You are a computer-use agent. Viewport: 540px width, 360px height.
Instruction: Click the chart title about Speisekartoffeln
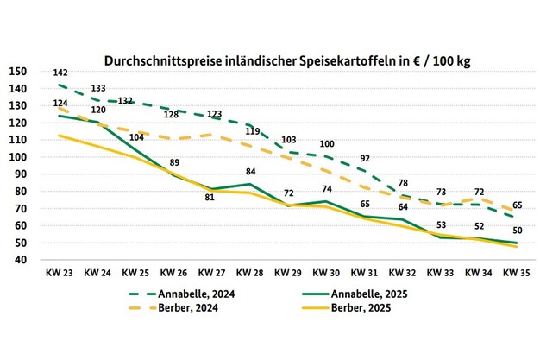[292, 61]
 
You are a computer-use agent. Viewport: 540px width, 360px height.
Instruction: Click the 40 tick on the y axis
[19, 260]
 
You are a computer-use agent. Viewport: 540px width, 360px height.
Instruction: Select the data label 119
[251, 131]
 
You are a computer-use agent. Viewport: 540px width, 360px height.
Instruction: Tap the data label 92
[365, 158]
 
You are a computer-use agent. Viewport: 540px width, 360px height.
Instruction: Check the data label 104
[135, 137]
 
